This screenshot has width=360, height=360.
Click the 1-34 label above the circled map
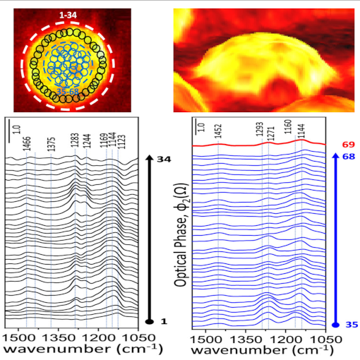click(69, 13)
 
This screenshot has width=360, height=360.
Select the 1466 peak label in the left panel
click(27, 144)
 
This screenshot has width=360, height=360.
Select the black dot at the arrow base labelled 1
click(149, 321)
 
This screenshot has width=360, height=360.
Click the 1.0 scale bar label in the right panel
click(200, 131)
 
